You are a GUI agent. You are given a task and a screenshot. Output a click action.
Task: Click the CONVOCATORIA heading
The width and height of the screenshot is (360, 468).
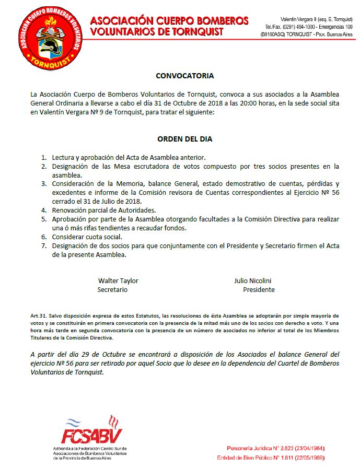pyautogui.click(x=184, y=76)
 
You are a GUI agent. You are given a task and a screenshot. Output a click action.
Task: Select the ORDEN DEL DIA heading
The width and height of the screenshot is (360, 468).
pyautogui.click(x=184, y=139)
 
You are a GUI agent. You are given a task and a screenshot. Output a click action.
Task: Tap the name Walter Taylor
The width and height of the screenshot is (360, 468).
pyautogui.click(x=118, y=280)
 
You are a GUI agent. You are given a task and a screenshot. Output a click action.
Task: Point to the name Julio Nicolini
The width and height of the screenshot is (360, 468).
pyautogui.click(x=252, y=280)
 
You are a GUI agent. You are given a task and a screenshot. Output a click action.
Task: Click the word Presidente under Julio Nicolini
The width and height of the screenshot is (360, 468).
pyautogui.click(x=259, y=289)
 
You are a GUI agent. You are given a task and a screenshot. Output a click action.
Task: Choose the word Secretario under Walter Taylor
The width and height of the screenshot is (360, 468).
pyautogui.click(x=112, y=289)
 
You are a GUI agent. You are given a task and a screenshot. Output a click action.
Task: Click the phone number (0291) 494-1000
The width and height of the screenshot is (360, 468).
pyautogui.click(x=285, y=26)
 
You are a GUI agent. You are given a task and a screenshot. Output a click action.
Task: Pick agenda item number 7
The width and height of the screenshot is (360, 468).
pyautogui.click(x=44, y=246)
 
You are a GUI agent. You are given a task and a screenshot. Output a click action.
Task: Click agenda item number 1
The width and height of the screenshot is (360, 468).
pyautogui.click(x=44, y=157)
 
